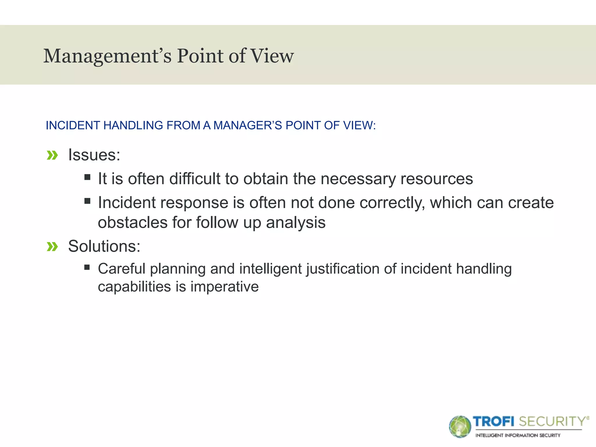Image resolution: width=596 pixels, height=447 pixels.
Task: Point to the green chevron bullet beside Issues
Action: pyautogui.click(x=52, y=155)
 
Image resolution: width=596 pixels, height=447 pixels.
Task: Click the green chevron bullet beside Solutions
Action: pyautogui.click(x=52, y=247)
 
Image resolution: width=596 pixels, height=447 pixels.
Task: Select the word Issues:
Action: pyautogui.click(x=94, y=155)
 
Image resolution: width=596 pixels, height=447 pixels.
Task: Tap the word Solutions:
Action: pyautogui.click(x=104, y=246)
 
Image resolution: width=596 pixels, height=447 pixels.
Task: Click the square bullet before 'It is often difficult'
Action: pyautogui.click(x=87, y=177)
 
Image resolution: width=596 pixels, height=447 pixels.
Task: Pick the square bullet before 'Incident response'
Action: pyautogui.click(x=87, y=201)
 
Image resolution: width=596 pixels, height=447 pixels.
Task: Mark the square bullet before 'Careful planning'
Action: pyautogui.click(x=87, y=267)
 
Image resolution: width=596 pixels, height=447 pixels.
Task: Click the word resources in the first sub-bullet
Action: pyautogui.click(x=437, y=179)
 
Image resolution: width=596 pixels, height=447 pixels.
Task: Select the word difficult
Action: pyautogui.click(x=195, y=179)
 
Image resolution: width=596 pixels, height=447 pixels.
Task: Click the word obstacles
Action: pyautogui.click(x=133, y=223)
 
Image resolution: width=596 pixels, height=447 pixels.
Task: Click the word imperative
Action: pyautogui.click(x=224, y=287)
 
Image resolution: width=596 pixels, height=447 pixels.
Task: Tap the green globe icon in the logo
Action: pyautogui.click(x=460, y=427)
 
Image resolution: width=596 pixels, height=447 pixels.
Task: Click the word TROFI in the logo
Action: pyautogui.click(x=494, y=421)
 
